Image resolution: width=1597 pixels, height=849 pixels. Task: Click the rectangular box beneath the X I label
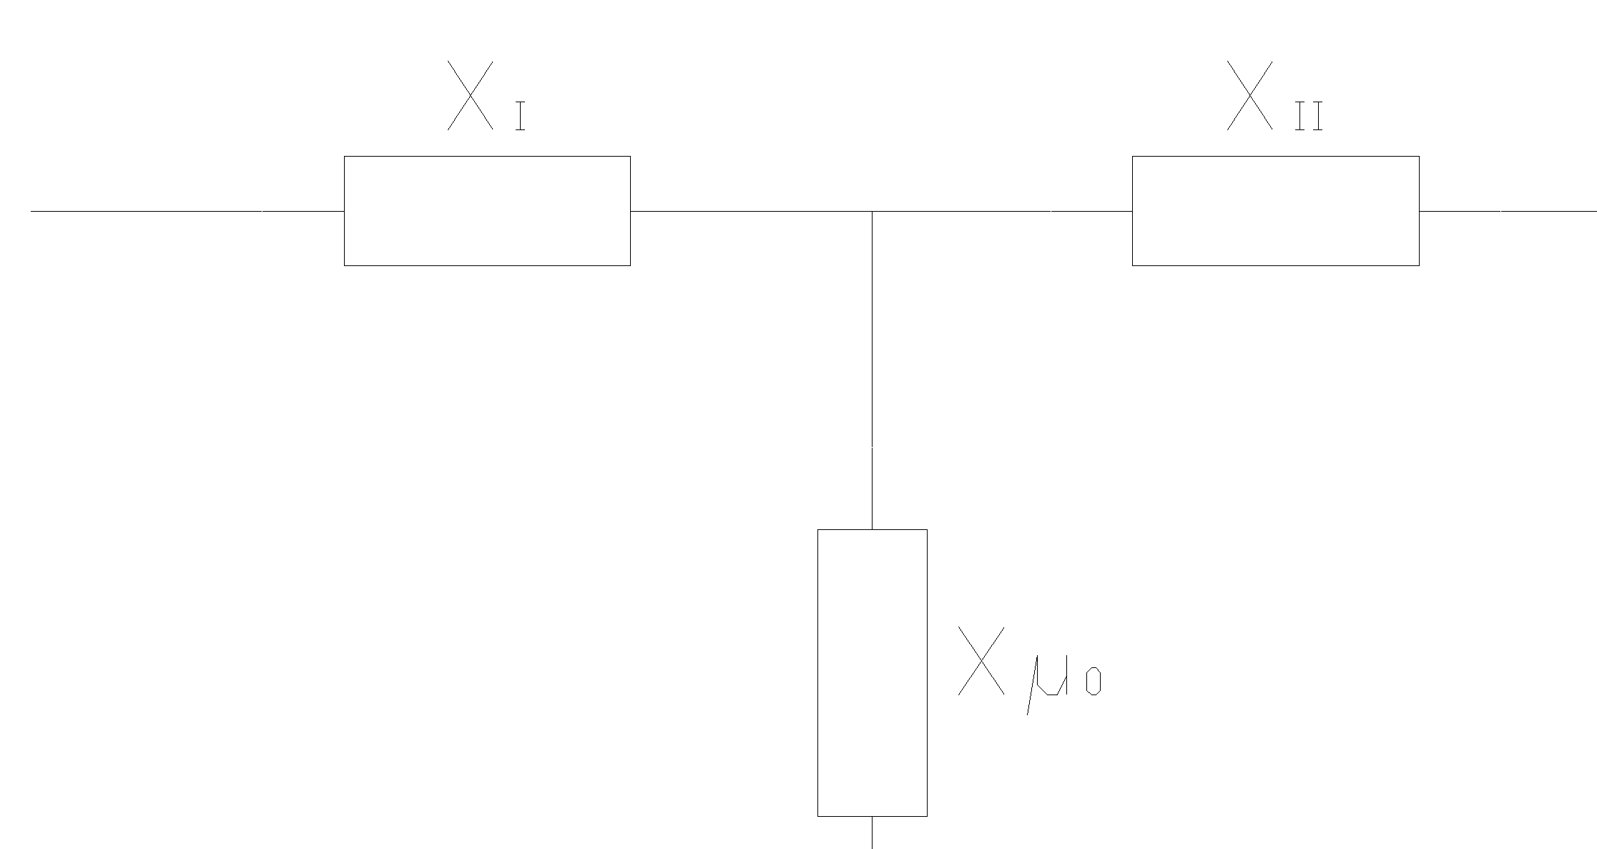(x=487, y=211)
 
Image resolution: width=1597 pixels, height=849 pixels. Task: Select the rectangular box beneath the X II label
(x=1275, y=211)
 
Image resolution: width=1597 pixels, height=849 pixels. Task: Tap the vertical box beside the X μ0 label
(x=872, y=672)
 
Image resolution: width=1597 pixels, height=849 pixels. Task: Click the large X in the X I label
(x=470, y=95)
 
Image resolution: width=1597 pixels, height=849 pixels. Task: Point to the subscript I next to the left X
(x=521, y=116)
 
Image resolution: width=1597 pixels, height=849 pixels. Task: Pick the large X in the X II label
(x=1249, y=95)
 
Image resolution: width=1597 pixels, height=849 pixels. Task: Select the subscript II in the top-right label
(x=1309, y=116)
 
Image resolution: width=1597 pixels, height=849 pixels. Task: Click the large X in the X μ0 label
(x=981, y=661)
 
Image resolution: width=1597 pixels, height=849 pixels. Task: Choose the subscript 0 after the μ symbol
(x=1093, y=682)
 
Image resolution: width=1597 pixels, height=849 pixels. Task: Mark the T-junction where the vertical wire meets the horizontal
(x=872, y=212)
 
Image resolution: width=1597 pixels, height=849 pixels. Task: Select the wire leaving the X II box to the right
(x=1508, y=212)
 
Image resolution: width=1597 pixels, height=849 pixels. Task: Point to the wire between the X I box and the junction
(x=751, y=212)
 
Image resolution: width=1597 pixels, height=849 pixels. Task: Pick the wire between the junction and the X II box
(x=1001, y=212)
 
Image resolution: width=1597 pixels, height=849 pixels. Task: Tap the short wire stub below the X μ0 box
(x=872, y=832)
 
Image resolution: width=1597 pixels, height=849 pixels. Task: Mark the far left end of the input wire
(x=33, y=212)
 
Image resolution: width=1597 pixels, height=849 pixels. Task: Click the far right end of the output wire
(x=1594, y=212)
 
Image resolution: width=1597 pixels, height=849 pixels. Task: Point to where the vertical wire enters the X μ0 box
(x=872, y=529)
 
